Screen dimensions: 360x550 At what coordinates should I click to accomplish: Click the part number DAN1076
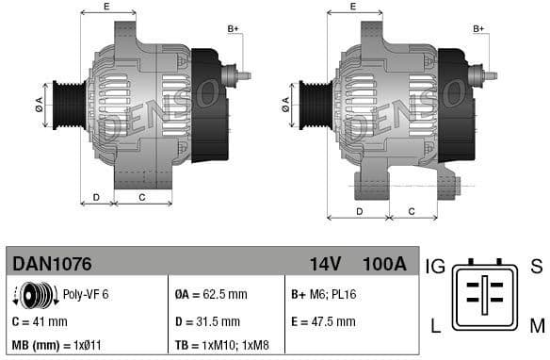tap(50, 263)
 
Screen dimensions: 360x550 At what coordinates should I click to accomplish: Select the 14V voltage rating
tap(325, 263)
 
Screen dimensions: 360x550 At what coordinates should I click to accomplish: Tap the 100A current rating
tap(384, 263)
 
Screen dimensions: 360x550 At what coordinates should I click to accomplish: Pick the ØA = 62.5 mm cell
tap(212, 295)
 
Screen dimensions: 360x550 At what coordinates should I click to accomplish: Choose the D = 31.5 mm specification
tap(208, 321)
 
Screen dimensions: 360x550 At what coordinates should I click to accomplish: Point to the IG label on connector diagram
tap(435, 267)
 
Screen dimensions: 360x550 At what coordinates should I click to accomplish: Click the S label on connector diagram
tap(535, 267)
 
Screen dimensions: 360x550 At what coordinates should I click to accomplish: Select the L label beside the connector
tap(435, 327)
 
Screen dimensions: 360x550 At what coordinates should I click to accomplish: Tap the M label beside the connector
tap(535, 327)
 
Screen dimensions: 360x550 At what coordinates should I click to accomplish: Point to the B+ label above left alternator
tap(234, 29)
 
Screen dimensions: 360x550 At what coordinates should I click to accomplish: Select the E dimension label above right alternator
tap(352, 7)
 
